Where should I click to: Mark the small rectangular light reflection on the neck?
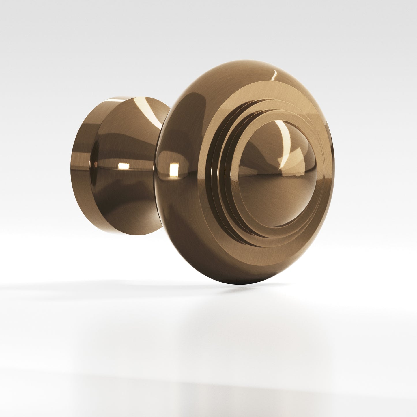click(x=124, y=166)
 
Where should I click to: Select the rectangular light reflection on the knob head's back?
click(x=174, y=169)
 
